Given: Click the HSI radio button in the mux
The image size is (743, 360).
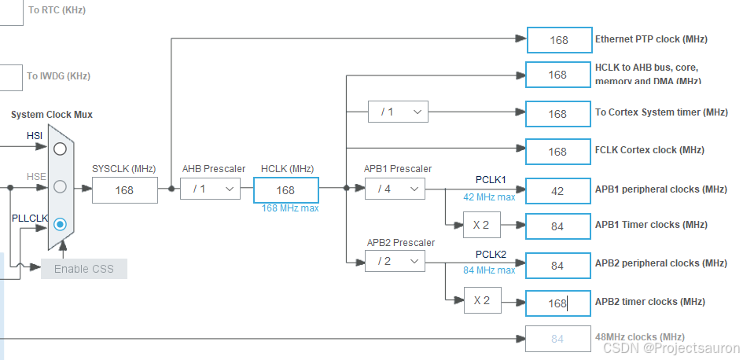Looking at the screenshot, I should [x=61, y=149].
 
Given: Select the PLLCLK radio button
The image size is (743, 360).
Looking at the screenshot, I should [x=61, y=224].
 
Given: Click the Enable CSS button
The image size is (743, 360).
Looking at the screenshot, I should [x=83, y=269].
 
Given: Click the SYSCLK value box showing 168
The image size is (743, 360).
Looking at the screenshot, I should [x=124, y=190].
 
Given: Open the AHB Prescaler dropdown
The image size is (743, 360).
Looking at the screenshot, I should [x=210, y=189].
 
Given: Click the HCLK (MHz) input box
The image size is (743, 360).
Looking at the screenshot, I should [x=285, y=190].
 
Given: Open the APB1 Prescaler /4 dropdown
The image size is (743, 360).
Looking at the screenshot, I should [x=395, y=189].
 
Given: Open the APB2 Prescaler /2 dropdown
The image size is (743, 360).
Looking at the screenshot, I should [x=395, y=262].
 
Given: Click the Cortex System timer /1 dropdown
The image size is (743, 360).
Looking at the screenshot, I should [x=398, y=112].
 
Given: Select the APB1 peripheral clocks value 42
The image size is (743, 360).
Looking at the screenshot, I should [x=557, y=190].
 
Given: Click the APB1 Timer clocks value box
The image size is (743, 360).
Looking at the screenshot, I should [x=557, y=226].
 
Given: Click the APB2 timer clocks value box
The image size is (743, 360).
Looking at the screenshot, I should [x=557, y=302].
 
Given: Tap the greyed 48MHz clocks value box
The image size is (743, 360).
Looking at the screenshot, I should [x=557, y=339].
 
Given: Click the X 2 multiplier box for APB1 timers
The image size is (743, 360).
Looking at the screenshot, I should [x=482, y=226].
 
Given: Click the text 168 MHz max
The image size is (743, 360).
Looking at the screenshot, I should [x=290, y=208].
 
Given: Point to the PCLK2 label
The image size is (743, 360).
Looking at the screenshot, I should [x=491, y=254].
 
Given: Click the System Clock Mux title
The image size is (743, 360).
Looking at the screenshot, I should [x=52, y=115].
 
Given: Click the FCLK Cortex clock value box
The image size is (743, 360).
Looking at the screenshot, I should [x=557, y=152].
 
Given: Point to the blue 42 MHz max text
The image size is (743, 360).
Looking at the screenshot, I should [x=489, y=197].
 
